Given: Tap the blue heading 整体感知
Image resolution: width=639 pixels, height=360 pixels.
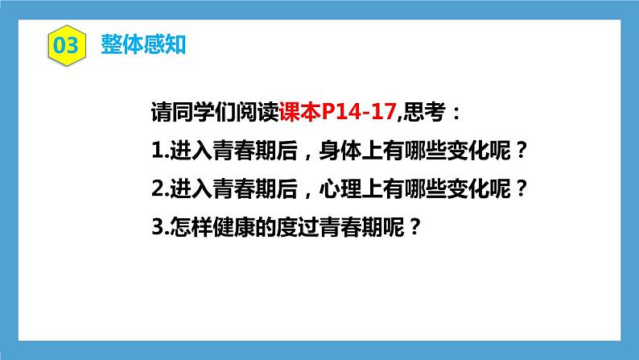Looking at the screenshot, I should coord(144,45).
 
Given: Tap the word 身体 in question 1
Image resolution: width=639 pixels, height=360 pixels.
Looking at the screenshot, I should coord(336,151).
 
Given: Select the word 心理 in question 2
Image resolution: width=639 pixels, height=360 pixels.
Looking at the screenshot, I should coord(336,188).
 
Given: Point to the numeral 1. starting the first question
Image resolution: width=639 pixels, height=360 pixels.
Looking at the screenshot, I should coord(156,151).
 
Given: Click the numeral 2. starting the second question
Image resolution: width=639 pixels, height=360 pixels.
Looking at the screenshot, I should coord(156,188).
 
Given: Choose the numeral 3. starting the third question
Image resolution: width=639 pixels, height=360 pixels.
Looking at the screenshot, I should coord(156,227).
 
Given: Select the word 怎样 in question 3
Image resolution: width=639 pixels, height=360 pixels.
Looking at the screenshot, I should coord(184,227).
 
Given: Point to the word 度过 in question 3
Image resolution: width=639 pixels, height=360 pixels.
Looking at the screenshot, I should coord(300,227).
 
